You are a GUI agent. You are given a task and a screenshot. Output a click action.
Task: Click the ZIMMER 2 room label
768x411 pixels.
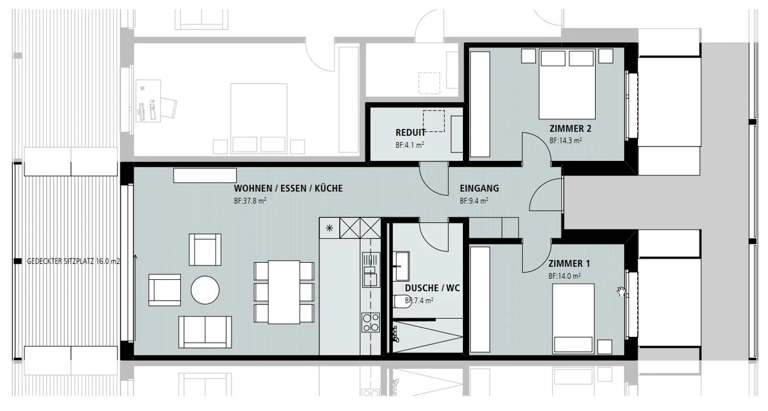pyautogui.click(x=570, y=128)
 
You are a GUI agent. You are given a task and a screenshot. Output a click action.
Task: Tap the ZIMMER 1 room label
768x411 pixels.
pyautogui.click(x=569, y=264)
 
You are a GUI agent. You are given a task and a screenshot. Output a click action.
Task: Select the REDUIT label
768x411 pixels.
pyautogui.click(x=410, y=133)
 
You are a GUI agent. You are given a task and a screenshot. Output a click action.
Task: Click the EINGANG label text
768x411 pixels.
pyautogui.click(x=479, y=188)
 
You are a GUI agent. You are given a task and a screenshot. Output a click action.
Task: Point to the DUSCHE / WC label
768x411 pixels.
pyautogui.click(x=432, y=288)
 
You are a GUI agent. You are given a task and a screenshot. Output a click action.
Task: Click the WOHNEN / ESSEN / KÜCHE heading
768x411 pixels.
pyautogui.click(x=288, y=188)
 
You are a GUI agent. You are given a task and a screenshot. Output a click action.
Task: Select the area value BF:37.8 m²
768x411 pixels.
pyautogui.click(x=250, y=202)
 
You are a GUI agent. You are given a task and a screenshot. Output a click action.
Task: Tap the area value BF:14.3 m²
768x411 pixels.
pyautogui.click(x=565, y=141)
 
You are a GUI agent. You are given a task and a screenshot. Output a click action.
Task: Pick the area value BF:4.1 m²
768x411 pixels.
pyautogui.click(x=410, y=144)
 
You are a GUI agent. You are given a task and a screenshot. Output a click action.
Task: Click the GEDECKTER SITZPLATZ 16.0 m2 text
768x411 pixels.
pyautogui.click(x=73, y=262)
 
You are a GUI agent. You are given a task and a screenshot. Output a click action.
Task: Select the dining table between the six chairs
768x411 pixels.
pyautogui.click(x=284, y=292)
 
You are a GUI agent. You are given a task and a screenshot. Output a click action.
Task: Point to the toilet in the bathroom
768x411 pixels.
pyautogui.click(x=399, y=302)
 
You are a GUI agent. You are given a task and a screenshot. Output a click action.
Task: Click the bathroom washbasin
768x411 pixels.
pyautogui.click(x=401, y=261)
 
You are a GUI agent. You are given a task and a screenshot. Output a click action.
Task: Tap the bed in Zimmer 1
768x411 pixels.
pyautogui.click(x=573, y=317)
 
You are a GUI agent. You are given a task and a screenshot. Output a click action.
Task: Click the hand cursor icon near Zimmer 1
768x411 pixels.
pyautogui.click(x=621, y=291)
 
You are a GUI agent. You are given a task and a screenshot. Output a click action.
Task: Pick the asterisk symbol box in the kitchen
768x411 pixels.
pyautogui.click(x=330, y=228)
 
